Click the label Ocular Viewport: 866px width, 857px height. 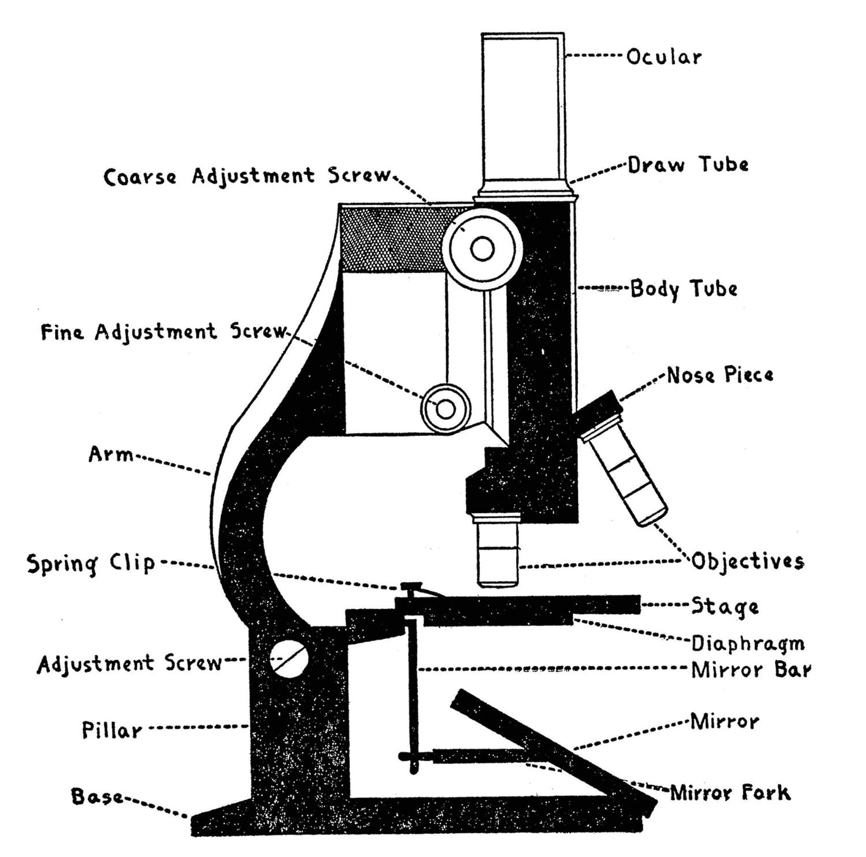[x=664, y=57]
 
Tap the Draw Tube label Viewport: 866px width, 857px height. [x=688, y=165]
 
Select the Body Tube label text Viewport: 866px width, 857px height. [x=684, y=288]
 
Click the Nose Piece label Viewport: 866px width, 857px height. [x=719, y=375]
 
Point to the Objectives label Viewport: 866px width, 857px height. [x=748, y=561]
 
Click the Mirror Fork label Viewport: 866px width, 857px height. [x=730, y=792]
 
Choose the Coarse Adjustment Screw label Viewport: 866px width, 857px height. [x=247, y=176]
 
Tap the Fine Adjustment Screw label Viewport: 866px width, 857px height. [x=163, y=331]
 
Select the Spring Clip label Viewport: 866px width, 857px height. [x=91, y=563]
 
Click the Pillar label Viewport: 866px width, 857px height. [x=111, y=730]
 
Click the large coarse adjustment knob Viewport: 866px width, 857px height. [x=482, y=249]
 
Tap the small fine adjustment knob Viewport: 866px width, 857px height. [x=445, y=408]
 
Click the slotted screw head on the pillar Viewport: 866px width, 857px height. [x=288, y=659]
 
